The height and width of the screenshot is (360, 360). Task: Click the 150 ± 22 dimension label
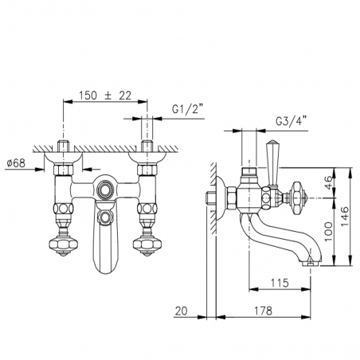[x=105, y=96]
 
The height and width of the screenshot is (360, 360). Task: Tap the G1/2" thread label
[x=188, y=109]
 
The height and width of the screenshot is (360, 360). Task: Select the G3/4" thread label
[x=292, y=122]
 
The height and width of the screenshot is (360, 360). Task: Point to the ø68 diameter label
[x=16, y=163]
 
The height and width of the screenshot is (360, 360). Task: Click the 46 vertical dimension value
[x=329, y=182]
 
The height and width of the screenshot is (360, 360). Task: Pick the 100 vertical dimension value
[x=329, y=232]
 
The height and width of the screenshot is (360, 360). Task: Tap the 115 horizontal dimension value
[x=280, y=283]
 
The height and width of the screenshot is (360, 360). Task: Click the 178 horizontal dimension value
[x=263, y=311]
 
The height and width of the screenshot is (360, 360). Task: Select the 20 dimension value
[x=182, y=311]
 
